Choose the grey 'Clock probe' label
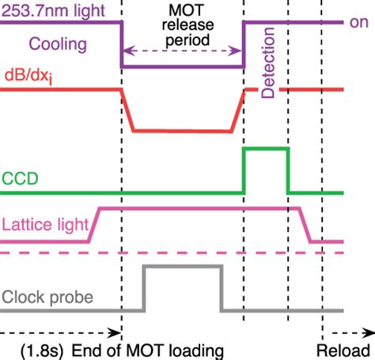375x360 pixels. tap(48, 297)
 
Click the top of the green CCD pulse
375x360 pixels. tap(266, 149)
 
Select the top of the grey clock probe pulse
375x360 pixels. tap(182, 267)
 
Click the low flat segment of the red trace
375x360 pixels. tap(182, 130)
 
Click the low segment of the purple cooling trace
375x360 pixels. tap(181, 69)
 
